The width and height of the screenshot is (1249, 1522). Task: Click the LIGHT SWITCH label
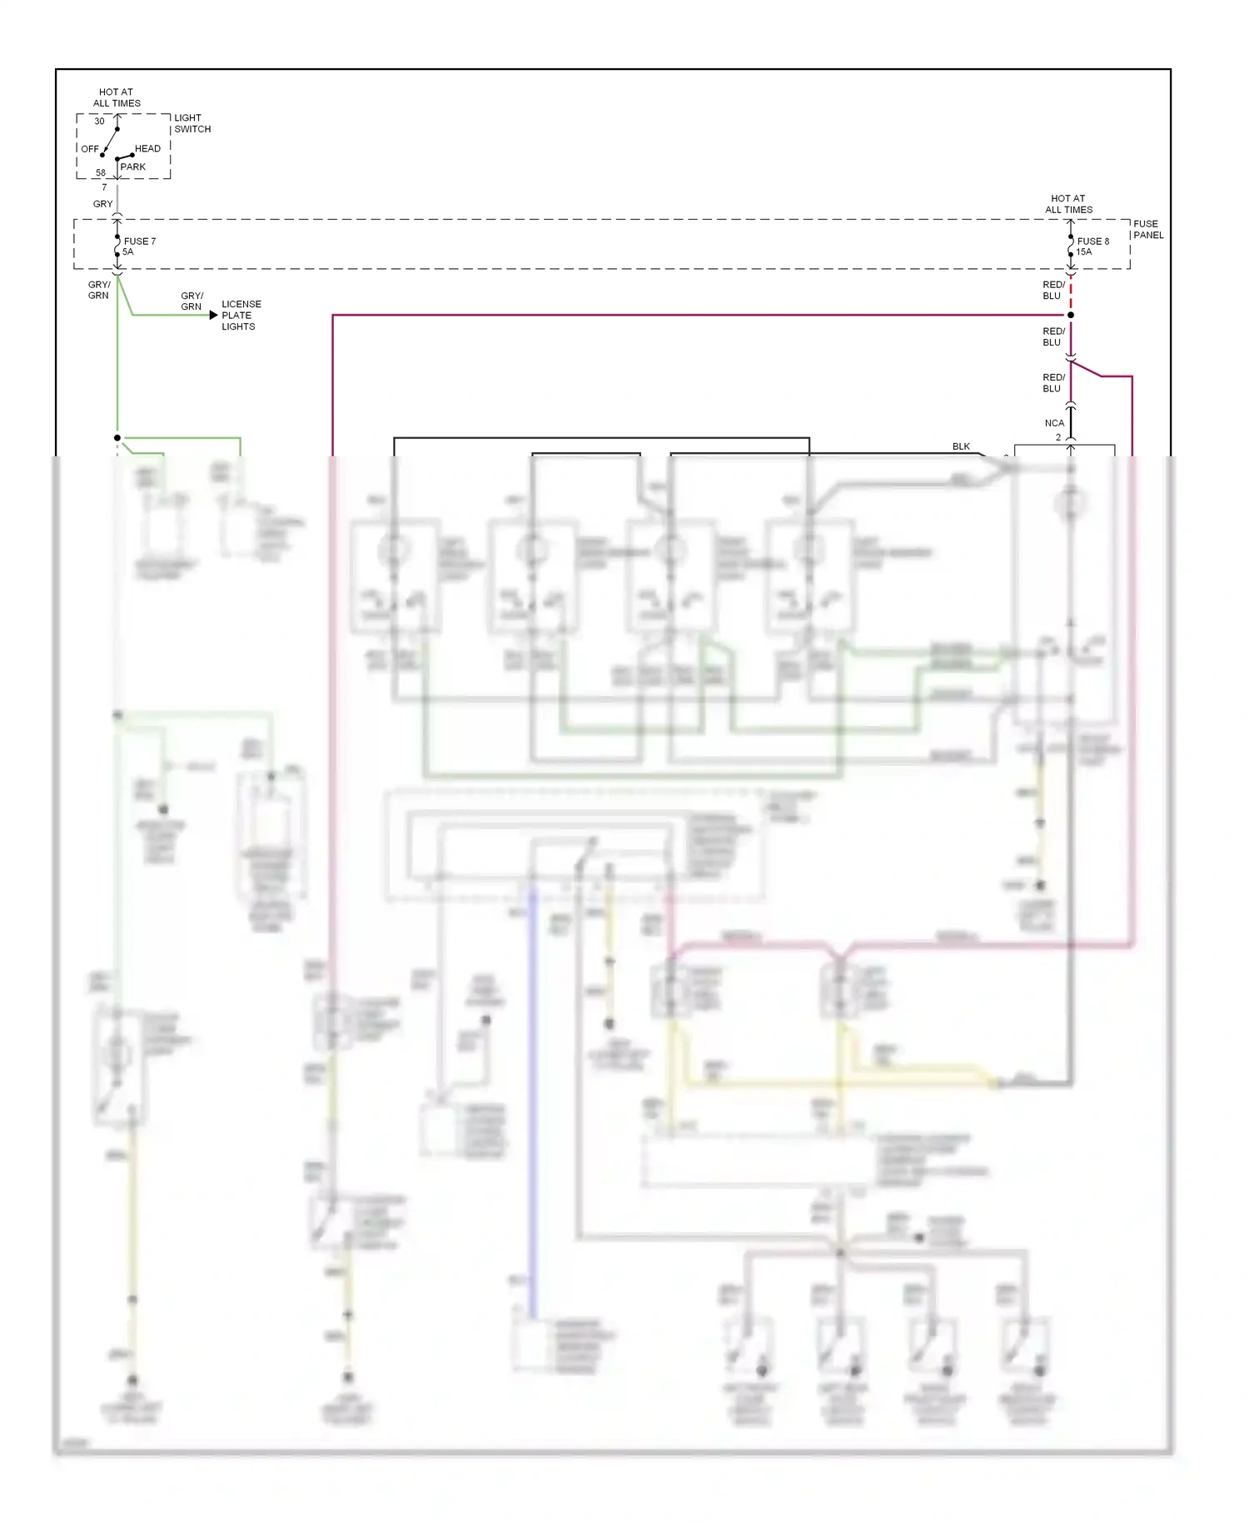tap(192, 123)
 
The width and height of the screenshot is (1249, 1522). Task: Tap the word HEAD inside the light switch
tap(147, 148)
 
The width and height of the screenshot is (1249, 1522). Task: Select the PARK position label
tap(132, 167)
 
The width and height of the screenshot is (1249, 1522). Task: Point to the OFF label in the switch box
tap(90, 149)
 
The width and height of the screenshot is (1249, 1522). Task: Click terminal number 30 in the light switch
tap(99, 121)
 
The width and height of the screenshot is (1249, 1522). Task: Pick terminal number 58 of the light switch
tap(100, 173)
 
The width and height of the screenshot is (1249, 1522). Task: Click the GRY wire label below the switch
tap(102, 203)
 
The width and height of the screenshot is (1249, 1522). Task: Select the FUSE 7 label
tap(140, 241)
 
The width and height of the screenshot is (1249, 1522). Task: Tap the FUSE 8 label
tap(1092, 241)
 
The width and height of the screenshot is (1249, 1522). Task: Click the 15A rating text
tap(1083, 251)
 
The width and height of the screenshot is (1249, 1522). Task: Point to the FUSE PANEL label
tap(1148, 229)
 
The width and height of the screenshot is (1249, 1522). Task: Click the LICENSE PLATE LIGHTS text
tap(241, 315)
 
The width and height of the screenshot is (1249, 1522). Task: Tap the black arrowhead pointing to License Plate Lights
tap(213, 315)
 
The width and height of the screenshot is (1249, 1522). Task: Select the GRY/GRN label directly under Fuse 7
tap(98, 290)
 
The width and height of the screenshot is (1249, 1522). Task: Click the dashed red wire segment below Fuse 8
tap(1071, 296)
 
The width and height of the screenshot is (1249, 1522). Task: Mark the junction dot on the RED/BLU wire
tap(1071, 315)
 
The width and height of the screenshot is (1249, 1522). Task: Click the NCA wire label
tap(1054, 423)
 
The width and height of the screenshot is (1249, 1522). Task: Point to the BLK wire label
tap(961, 446)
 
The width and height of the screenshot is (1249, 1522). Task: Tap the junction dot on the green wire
tap(117, 437)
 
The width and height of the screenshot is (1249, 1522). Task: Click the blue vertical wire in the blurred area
tap(532, 1082)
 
